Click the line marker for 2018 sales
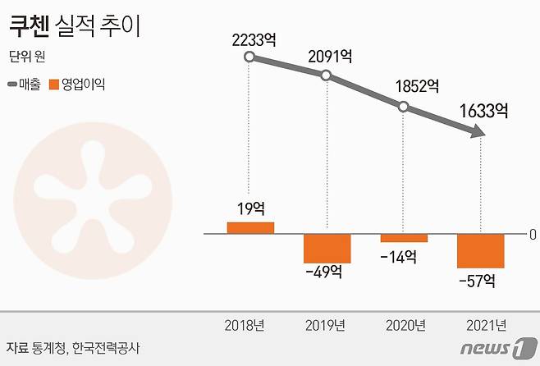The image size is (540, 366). pyautogui.click(x=250, y=57)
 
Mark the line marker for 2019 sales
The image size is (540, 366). pyautogui.click(x=327, y=75)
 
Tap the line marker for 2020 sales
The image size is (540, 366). pyautogui.click(x=403, y=106)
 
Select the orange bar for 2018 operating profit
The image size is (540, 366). pyautogui.click(x=250, y=227)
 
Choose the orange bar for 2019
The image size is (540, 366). pyautogui.click(x=327, y=248)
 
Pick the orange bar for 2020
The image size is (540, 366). pyautogui.click(x=404, y=238)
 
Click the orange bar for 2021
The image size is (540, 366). pyautogui.click(x=480, y=250)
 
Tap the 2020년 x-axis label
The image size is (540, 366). pyautogui.click(x=405, y=325)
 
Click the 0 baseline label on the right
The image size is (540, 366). pyautogui.click(x=533, y=234)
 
